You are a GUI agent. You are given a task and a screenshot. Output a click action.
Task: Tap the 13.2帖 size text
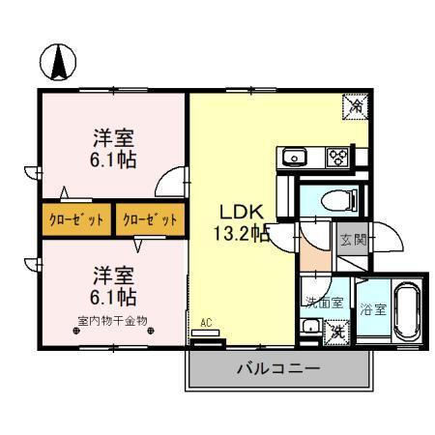pyautogui.click(x=241, y=233)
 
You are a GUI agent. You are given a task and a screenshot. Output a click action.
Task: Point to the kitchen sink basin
pyautogui.click(x=294, y=158)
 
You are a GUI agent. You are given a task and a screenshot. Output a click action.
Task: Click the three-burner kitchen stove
pyautogui.click(x=338, y=158)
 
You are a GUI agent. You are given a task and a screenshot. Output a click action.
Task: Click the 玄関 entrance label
pyautogui.click(x=352, y=241)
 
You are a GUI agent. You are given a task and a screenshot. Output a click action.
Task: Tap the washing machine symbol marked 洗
pyautogui.click(x=337, y=330)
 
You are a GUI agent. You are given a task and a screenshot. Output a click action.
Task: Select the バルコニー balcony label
pyautogui.click(x=278, y=369)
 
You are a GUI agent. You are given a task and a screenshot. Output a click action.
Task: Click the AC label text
pyautogui.click(x=206, y=324)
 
